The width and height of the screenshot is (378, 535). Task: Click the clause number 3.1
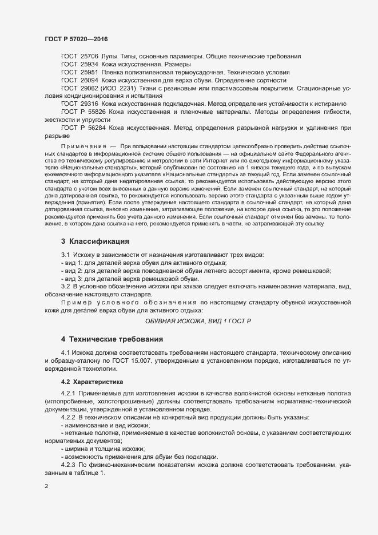[x=65, y=254]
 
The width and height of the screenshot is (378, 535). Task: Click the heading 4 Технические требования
[x=113, y=339]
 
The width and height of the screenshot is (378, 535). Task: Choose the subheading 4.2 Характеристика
[x=91, y=381]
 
